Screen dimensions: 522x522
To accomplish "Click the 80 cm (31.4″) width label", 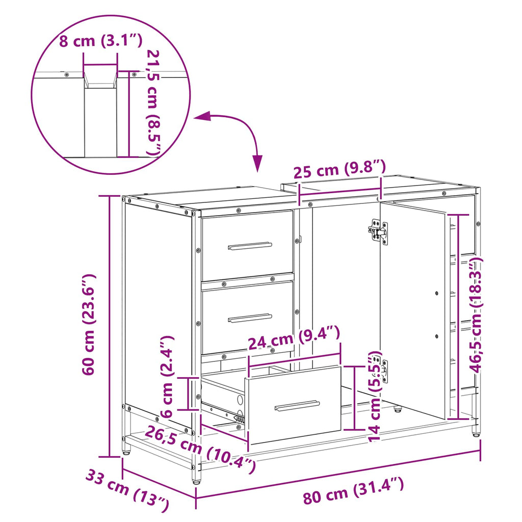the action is point(353,490).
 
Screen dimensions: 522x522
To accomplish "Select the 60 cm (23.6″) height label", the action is point(89,325).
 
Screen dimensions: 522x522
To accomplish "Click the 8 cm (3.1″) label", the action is point(101,41).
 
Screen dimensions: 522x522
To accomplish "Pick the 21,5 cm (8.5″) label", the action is point(154,102).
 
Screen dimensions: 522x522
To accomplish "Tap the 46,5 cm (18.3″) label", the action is point(476,312).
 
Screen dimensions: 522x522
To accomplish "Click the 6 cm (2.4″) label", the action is point(167,377).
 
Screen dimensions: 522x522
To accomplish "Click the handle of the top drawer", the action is point(250,246).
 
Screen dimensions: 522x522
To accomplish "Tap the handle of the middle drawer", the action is point(250,318).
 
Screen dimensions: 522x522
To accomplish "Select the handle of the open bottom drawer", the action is point(297,405).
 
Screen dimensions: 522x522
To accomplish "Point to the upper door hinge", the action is point(379,231).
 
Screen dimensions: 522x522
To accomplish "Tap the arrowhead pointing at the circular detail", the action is point(202,117).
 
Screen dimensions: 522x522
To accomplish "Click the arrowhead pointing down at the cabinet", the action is point(257,163).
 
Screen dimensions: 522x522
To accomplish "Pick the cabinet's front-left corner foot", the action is point(196,479).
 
